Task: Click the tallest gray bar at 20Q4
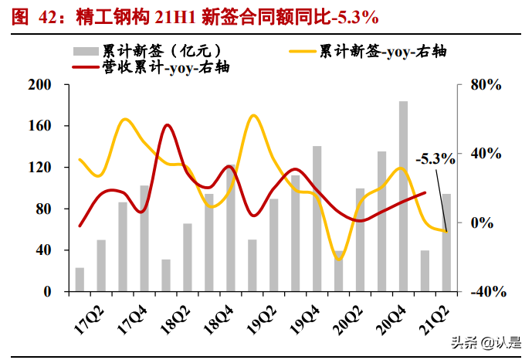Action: [x=403, y=197]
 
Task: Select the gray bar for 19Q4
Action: [x=317, y=219]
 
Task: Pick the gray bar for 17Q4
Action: [x=144, y=239]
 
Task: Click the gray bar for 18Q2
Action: [x=188, y=257]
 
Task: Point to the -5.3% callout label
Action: [x=435, y=159]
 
